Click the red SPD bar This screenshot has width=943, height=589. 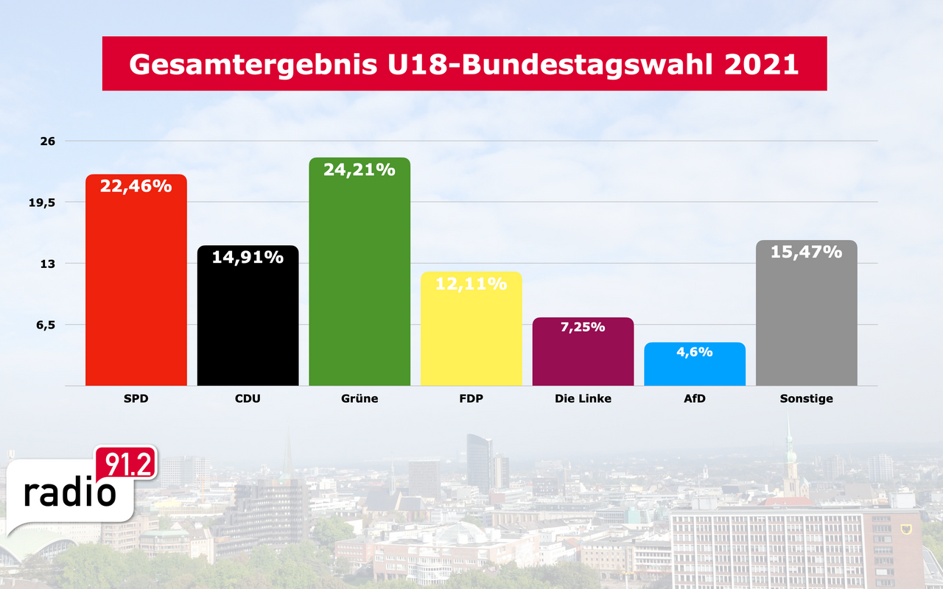pyautogui.click(x=136, y=287)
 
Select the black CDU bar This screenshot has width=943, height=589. pyautogui.click(x=248, y=324)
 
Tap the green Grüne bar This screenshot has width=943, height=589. pyautogui.click(x=360, y=280)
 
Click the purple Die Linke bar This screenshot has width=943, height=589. pyautogui.click(x=583, y=357)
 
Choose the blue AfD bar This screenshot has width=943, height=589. pyautogui.click(x=695, y=368)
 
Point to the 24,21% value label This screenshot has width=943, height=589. pyautogui.click(x=360, y=170)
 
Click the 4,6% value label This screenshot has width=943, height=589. pyautogui.click(x=695, y=352)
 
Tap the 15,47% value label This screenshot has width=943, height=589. pyautogui.click(x=807, y=252)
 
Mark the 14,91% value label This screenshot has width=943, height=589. pyautogui.click(x=248, y=257)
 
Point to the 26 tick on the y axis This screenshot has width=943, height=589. pyautogui.click(x=47, y=141)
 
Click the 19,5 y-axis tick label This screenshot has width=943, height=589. pyautogui.click(x=43, y=202)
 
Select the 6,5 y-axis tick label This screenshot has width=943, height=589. pyautogui.click(x=46, y=325)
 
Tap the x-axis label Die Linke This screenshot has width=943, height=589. pyautogui.click(x=583, y=399)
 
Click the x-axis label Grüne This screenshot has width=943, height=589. pyautogui.click(x=360, y=399)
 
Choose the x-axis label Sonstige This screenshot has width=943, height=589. pyautogui.click(x=807, y=399)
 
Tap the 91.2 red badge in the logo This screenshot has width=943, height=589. pyautogui.click(x=125, y=465)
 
